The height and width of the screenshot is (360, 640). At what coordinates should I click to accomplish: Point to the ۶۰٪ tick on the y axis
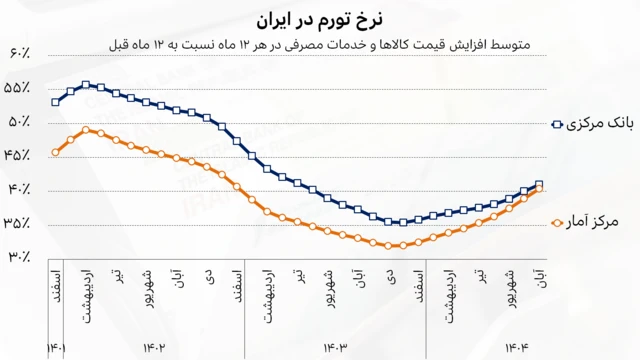coord(19,53)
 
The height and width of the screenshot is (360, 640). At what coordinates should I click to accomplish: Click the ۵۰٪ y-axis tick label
coord(19,121)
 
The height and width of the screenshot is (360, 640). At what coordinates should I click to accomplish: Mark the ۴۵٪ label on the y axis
coord(19,155)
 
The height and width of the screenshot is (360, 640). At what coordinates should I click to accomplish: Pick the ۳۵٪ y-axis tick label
coord(19,223)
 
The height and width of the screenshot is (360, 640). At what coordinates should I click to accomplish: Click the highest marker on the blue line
coord(87,85)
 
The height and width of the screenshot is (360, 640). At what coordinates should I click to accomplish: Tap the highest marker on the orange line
coord(87,130)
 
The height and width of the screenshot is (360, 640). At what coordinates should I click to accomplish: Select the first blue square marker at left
coord(56,102)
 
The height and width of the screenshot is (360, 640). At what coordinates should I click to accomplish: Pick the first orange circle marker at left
coord(56,152)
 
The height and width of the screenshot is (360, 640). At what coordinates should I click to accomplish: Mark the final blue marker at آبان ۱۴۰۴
coord(540,184)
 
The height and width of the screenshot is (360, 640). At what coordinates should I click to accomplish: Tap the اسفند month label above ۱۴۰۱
coord(56,283)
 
